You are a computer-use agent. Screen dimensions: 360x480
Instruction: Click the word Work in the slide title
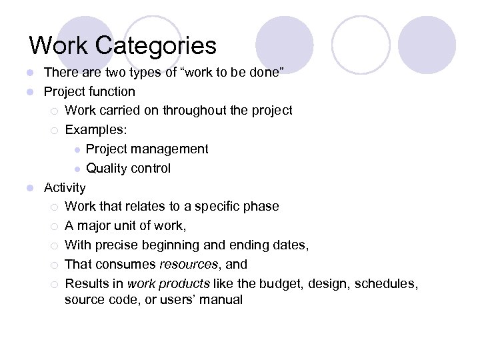[x=58, y=46]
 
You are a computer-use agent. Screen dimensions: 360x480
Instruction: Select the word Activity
[x=65, y=187]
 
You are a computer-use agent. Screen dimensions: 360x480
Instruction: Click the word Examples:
[x=92, y=129]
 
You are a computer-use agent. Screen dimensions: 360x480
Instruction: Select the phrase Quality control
[x=128, y=168]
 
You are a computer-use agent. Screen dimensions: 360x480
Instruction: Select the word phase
[x=261, y=206]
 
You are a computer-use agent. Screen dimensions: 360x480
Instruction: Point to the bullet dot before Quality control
[x=77, y=169]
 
